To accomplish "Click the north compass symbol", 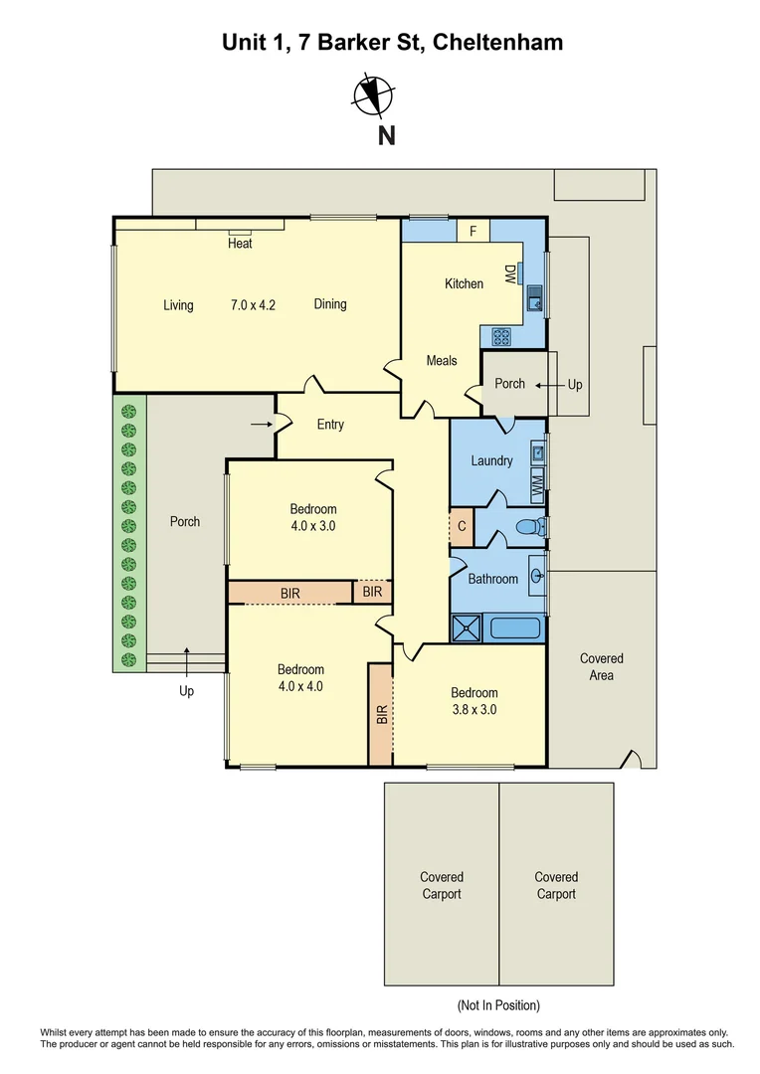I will tap(375, 94).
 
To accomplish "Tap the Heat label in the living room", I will tap(240, 243).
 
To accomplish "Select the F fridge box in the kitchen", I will tap(474, 232).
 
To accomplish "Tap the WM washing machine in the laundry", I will tap(536, 487).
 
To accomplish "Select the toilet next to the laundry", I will tap(535, 526).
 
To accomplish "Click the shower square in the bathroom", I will tap(466, 628).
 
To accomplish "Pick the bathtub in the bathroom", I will tap(514, 628).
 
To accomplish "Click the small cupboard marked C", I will tap(462, 526).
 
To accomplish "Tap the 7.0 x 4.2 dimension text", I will tap(253, 305).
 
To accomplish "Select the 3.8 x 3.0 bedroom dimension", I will tap(474, 710).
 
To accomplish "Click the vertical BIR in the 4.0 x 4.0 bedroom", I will tap(381, 714).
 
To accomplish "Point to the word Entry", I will tap(330, 425).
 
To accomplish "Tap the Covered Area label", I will tap(601, 667).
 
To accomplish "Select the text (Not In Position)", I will tap(498, 1005).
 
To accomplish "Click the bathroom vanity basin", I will tap(537, 575).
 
